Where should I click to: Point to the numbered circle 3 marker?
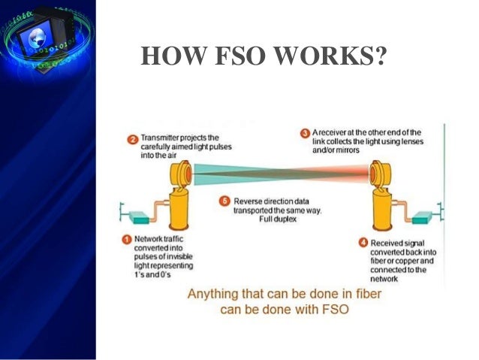pyautogui.click(x=305, y=133)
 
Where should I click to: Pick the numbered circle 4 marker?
pyautogui.click(x=363, y=242)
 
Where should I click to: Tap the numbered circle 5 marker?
pyautogui.click(x=223, y=201)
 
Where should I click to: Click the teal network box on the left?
pyautogui.click(x=140, y=218)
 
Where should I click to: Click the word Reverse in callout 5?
pyautogui.click(x=249, y=201)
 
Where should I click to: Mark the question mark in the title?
pyautogui.click(x=378, y=57)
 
